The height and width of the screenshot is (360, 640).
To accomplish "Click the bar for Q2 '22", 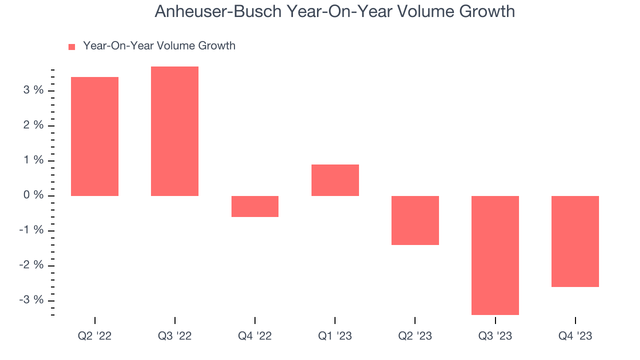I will tap(94, 136).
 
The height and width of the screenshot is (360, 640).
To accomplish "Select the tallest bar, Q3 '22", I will tap(174, 131).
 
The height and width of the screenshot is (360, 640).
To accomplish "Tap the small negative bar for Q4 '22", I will tap(254, 206).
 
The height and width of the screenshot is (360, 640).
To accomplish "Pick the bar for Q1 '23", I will tap(335, 180).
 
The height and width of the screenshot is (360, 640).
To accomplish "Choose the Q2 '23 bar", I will tap(415, 220).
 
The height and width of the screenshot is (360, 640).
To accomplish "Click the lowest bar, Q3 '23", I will tap(495, 255).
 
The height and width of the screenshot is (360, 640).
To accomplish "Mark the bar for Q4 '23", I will tap(575, 241).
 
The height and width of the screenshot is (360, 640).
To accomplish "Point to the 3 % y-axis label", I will tap(32, 90).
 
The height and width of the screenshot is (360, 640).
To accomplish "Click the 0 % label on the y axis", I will tap(32, 195).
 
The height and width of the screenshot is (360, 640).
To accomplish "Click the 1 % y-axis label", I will tap(32, 160).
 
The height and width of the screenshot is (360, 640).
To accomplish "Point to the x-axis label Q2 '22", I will tap(94, 336).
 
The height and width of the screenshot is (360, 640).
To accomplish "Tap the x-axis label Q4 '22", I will tap(254, 336).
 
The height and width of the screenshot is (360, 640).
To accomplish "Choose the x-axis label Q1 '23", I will tap(335, 336).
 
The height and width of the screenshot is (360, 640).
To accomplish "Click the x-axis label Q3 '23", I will tap(495, 336).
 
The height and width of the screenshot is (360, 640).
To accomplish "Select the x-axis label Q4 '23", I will tap(575, 336).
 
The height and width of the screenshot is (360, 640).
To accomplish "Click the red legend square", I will tap(71, 46).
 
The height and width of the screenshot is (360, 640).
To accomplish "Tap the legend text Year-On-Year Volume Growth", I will tap(159, 46).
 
